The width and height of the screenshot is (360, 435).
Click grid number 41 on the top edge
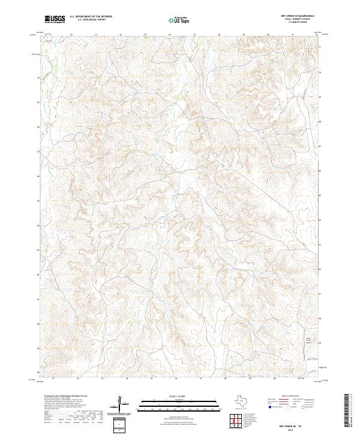coord(292,34)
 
